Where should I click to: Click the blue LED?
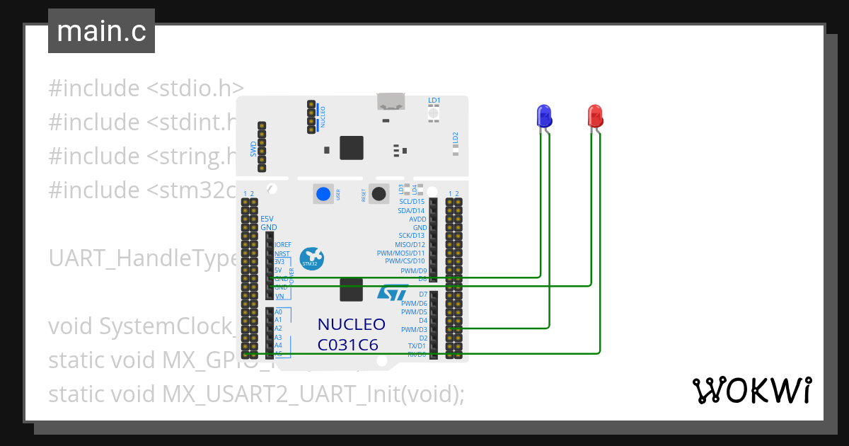point(543,115)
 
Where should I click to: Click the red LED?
point(595,115)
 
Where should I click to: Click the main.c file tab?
point(101,32)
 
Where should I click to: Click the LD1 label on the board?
point(434,101)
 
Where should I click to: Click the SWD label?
point(253,149)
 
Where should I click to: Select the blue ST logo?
point(391,294)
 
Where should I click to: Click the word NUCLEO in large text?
point(351,325)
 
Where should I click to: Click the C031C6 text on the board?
point(347,345)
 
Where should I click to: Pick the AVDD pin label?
point(417,219)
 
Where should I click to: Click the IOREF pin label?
point(283,245)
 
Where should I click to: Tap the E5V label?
point(267,219)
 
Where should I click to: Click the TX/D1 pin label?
point(417,346)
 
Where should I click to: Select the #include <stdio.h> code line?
point(146,88)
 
